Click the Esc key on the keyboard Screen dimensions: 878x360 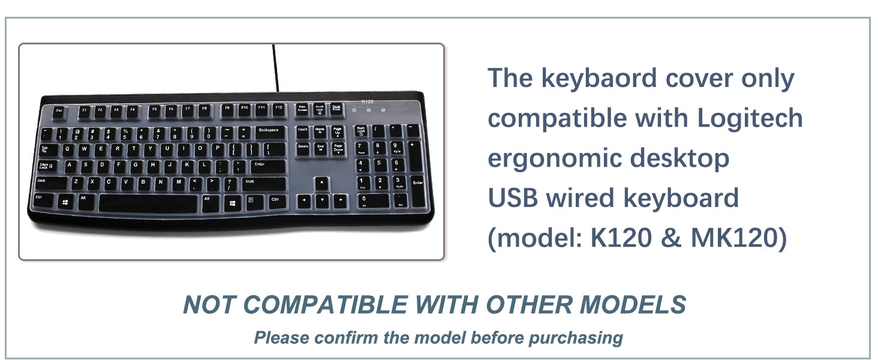[59, 112]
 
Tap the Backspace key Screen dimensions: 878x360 [271, 133]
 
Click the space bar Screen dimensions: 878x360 [148, 203]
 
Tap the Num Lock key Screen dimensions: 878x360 [362, 131]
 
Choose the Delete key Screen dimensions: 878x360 [303, 149]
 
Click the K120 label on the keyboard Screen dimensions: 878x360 [367, 101]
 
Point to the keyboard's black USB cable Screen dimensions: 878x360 [275, 68]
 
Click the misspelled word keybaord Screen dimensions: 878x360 [599, 79]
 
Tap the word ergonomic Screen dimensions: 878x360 [554, 159]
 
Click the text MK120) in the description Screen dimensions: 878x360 [739, 238]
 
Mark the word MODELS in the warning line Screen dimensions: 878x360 [633, 305]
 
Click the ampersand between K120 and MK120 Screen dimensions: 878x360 [672, 238]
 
